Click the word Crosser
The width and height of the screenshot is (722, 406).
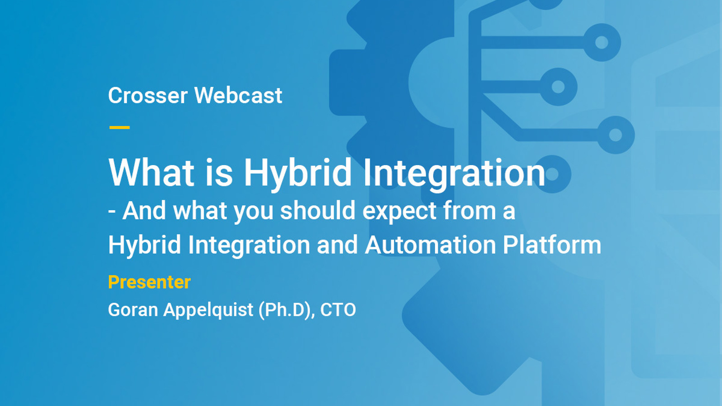coord(148,95)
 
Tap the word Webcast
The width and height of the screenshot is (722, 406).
coord(238,95)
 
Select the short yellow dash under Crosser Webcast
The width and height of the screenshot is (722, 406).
coord(120,128)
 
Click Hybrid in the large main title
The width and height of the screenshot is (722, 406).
coord(297,174)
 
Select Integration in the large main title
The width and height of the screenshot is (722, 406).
coord(454,175)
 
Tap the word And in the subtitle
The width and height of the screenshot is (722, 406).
coord(144,211)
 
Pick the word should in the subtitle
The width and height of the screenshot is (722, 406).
coord(318,211)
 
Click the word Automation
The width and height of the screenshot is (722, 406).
coord(430,245)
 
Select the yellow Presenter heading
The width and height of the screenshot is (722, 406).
coord(149,282)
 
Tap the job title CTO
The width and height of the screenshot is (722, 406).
coord(338,309)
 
